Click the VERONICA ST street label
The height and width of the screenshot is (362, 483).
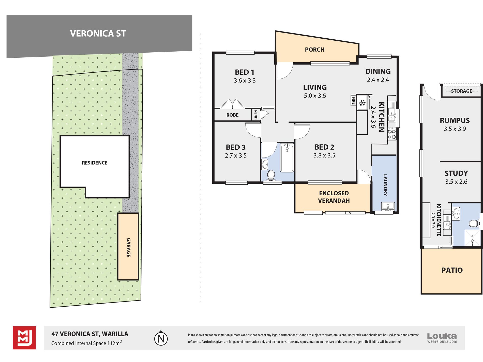pos(98,34)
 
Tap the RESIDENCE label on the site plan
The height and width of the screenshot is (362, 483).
pos(95,163)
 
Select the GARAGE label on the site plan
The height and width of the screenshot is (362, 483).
pos(129,247)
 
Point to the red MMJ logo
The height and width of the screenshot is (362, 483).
pos(24,338)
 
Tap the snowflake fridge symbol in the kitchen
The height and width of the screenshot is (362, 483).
pos(362,103)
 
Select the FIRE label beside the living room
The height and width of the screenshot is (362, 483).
pos(353,101)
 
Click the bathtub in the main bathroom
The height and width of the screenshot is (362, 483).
pos(287,158)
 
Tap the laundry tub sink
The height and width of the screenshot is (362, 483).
pos(388,206)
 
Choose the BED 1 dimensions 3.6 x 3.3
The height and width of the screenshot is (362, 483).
pos(245,81)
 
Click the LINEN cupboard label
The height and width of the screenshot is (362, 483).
pos(256,115)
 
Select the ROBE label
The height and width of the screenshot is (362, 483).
pos(233,115)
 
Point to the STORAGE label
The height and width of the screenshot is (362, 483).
pos(462,91)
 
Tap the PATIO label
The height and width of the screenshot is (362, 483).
pos(452,270)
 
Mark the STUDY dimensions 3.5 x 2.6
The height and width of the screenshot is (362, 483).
pos(456,182)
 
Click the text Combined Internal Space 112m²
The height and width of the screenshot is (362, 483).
pos(86,343)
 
